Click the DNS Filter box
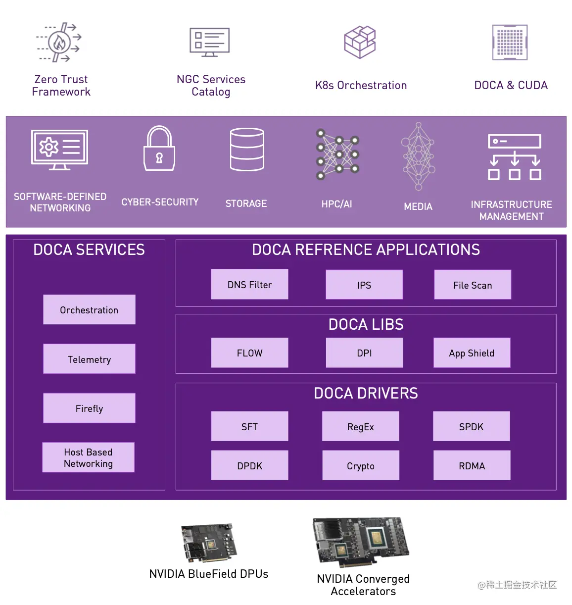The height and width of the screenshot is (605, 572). coord(249,284)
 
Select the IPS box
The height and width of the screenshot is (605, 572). coord(364,284)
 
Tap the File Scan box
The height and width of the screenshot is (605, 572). coord(472,284)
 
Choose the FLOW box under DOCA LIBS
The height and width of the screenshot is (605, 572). coord(249,353)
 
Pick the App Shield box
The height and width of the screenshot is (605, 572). coord(472,353)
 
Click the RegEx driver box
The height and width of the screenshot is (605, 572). coord(360,426)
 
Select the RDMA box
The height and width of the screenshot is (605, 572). coord(472,465)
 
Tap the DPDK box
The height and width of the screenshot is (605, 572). coord(249,465)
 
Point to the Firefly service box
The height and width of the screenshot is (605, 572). coord(89,408)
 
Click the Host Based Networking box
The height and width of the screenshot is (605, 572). coord(88,457)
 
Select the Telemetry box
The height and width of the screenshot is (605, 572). coord(89,358)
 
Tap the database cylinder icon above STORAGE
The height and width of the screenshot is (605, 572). coord(247,149)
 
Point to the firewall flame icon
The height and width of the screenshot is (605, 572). coord(59,42)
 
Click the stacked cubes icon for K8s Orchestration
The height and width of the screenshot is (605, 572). coord(359,42)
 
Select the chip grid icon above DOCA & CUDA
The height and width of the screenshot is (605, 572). coord(510,42)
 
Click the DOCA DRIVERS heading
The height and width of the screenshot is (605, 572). coord(366,393)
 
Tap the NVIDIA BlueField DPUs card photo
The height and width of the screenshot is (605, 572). coord(209,543)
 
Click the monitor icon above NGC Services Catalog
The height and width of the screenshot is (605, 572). coord(209,42)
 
